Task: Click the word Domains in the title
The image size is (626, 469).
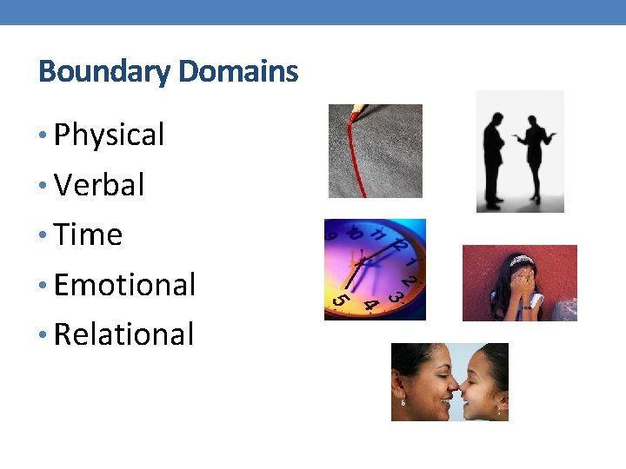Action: (238, 70)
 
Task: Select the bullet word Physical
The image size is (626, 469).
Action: (109, 135)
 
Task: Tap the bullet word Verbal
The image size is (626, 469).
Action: (99, 185)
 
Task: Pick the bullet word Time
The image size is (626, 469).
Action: (88, 234)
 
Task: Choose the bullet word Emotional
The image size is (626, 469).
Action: (124, 284)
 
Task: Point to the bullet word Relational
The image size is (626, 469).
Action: (123, 334)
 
